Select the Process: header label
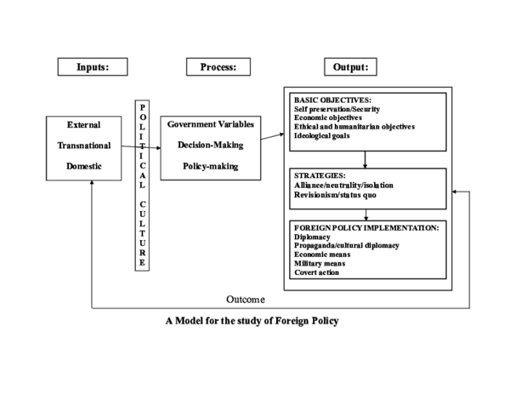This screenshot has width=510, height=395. pos(218,67)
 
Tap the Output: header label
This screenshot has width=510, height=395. pos(351,67)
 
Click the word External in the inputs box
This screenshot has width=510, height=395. pos(83,125)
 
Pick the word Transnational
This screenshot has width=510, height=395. pos(83,146)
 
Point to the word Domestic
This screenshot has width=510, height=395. pos(83,166)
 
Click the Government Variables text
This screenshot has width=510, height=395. pos(211,124)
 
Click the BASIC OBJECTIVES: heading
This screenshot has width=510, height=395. pos(332,100)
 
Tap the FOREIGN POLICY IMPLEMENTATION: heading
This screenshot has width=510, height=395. pos(365,227)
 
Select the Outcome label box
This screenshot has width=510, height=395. pos(244,300)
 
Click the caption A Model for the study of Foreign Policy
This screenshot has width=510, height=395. pos(252,322)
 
